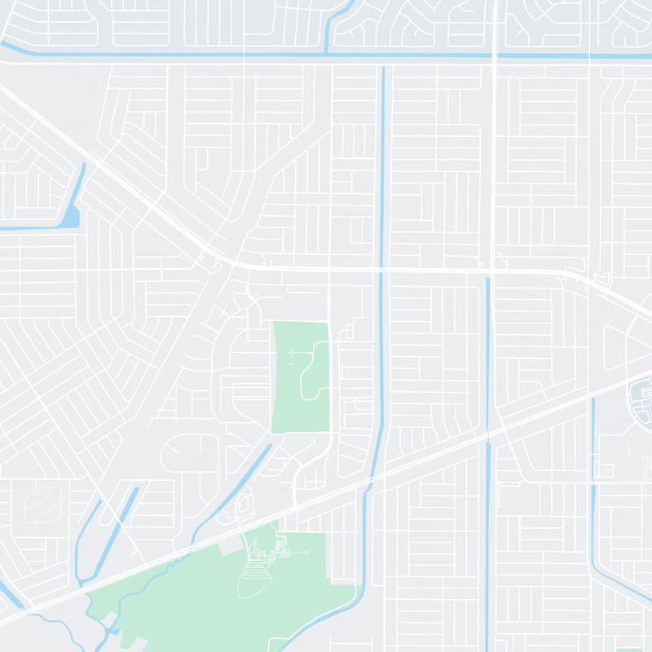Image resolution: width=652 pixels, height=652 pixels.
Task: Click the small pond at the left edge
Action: [72, 218]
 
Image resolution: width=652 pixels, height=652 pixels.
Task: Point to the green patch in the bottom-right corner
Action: [632, 649]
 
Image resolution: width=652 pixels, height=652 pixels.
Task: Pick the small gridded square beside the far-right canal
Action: [605, 471]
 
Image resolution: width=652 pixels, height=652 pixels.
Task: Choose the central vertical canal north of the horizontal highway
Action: [382, 163]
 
